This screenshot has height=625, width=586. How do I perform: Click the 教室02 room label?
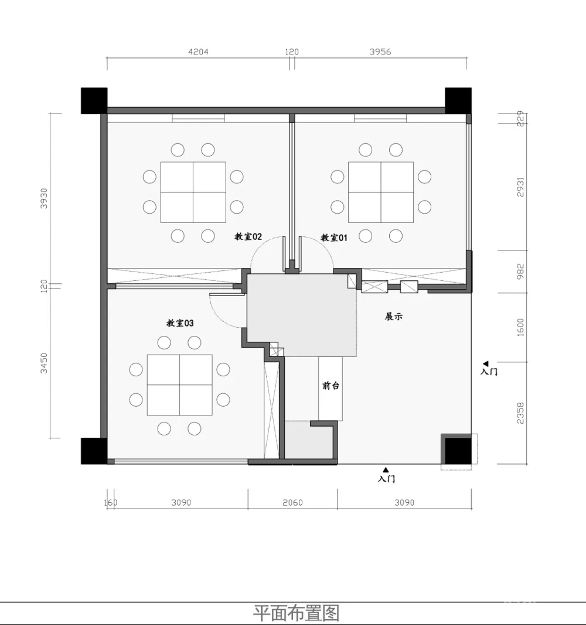click(x=248, y=237)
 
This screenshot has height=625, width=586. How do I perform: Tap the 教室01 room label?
click(x=334, y=238)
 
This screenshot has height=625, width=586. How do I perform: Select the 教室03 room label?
click(x=180, y=323)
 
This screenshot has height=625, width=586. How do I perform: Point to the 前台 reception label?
click(x=331, y=386)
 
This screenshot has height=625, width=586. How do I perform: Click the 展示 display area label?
click(x=394, y=317)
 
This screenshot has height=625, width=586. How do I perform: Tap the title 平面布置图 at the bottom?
click(x=296, y=613)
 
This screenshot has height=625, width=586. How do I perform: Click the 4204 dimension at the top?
click(x=199, y=52)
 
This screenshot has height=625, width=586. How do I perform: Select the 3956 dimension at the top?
click(x=380, y=52)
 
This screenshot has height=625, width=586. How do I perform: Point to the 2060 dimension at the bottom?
click(x=292, y=503)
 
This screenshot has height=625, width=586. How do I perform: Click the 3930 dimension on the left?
click(x=44, y=198)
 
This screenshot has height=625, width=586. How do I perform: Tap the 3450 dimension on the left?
click(x=44, y=363)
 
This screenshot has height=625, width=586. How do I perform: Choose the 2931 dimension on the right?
click(x=520, y=187)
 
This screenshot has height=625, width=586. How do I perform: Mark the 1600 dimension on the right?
click(x=520, y=327)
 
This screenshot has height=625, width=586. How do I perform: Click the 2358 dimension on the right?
click(x=520, y=413)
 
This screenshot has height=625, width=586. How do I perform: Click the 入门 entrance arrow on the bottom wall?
click(x=386, y=471)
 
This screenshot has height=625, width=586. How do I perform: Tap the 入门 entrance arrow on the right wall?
click(x=486, y=363)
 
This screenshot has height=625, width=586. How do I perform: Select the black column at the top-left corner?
click(x=94, y=101)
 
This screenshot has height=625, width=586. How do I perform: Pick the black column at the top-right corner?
click(x=458, y=101)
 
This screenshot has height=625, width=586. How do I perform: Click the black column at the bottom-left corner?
click(x=94, y=451)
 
